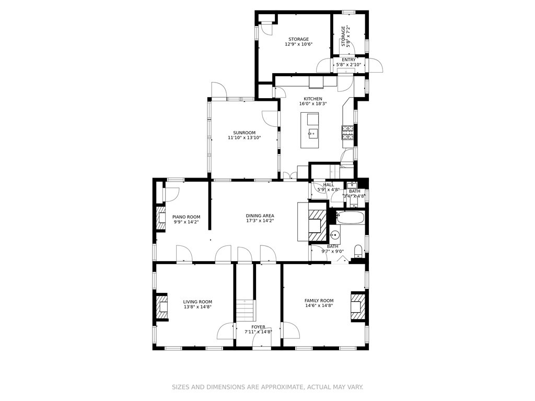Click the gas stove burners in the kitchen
point(347,133)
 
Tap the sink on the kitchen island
point(313,133)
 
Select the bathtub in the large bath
point(351,217)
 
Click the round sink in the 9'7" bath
point(335,235)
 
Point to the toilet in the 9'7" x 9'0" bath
point(358,251)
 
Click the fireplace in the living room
point(162,307)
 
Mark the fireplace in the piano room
point(160,219)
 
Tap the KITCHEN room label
point(313,99)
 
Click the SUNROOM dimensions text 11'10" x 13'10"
point(244,138)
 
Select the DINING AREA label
point(260,216)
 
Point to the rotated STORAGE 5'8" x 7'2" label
point(345,37)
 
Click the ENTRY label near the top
point(348,60)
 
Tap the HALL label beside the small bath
point(329,184)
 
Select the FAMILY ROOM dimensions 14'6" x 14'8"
point(319,305)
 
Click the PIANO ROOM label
point(187,217)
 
